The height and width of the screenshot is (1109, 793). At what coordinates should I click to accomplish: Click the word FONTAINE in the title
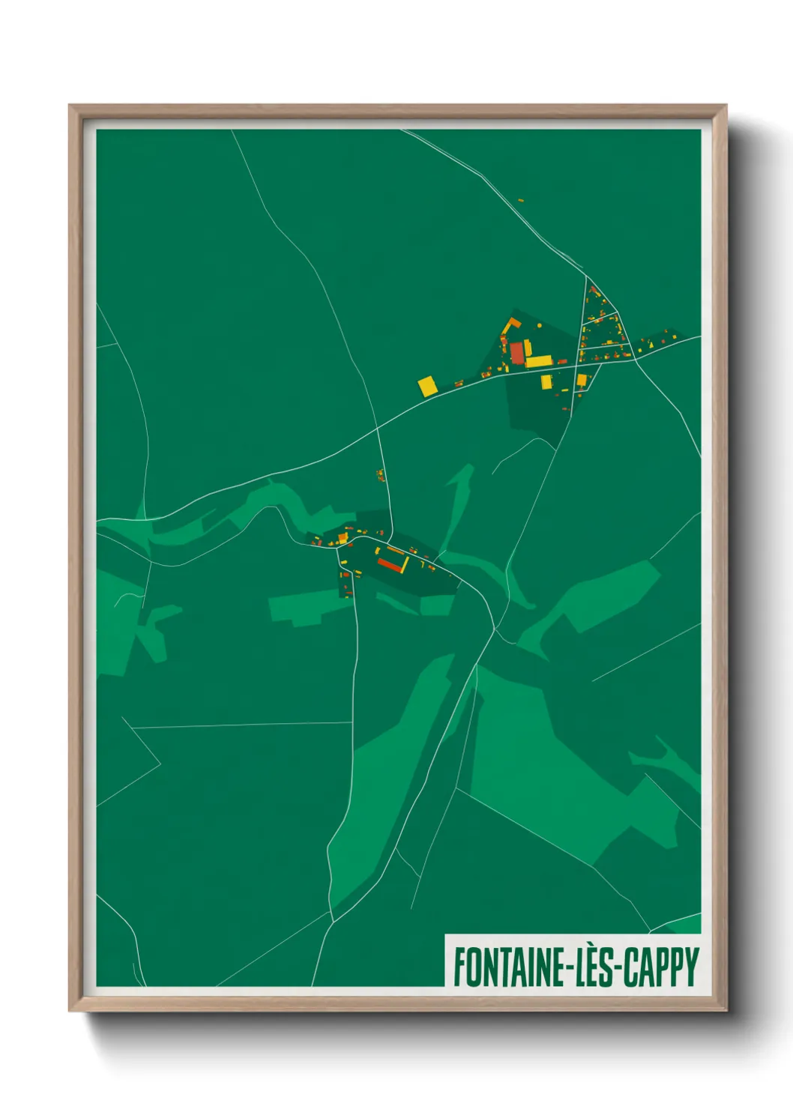point(508,967)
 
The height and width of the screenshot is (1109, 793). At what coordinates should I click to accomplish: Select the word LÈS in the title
point(592,967)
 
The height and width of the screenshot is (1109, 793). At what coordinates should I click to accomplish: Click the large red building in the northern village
point(517,352)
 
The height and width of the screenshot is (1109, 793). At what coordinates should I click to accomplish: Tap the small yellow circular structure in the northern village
point(538,325)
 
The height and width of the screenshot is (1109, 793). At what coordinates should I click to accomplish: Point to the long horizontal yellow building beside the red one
point(539,362)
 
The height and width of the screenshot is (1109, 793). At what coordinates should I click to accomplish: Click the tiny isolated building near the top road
point(521,200)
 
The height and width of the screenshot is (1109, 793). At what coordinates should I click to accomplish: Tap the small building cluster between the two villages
point(380,475)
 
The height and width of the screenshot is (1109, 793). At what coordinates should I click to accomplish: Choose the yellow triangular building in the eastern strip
point(649,344)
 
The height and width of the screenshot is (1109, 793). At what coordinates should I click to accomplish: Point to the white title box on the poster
point(573,961)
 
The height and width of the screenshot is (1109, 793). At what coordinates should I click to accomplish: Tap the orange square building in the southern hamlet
point(343,537)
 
